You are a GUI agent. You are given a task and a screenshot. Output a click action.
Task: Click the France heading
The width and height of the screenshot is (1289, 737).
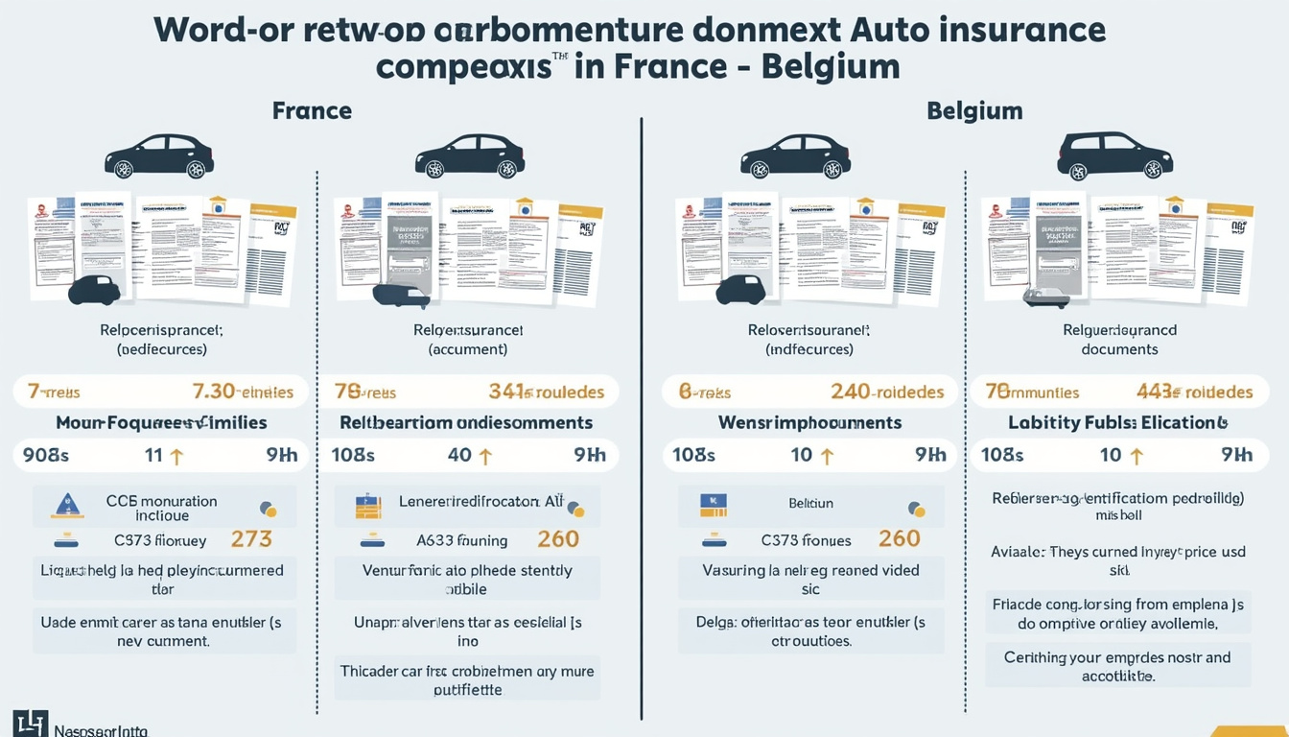click(x=312, y=110)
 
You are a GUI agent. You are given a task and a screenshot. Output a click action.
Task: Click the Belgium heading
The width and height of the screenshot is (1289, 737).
click(x=974, y=110)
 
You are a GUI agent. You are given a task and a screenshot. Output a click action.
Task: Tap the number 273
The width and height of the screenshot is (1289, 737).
click(x=252, y=539)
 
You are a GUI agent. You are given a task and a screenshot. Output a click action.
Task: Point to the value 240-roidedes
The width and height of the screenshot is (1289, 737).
click(x=887, y=392)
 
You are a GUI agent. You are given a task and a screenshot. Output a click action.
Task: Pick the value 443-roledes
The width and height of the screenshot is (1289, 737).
click(x=1195, y=392)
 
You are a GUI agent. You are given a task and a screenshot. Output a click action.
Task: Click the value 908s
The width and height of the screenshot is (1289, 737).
click(x=45, y=455)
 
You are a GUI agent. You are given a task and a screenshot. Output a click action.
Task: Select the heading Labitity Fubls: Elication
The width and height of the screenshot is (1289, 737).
click(x=1118, y=422)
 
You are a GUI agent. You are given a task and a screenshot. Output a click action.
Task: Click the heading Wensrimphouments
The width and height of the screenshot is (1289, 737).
click(x=809, y=422)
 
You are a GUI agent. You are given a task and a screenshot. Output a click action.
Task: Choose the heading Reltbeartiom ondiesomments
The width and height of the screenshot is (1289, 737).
click(x=466, y=422)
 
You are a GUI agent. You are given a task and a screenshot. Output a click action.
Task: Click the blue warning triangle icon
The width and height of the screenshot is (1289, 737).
click(x=65, y=505)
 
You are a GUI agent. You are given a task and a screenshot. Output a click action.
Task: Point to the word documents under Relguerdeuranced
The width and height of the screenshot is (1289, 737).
click(x=1119, y=349)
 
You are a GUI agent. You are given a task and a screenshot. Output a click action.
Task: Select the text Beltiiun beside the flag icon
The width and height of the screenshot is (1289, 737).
click(x=811, y=502)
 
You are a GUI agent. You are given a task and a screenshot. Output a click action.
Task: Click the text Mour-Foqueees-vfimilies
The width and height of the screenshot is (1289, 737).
click(x=161, y=422)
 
